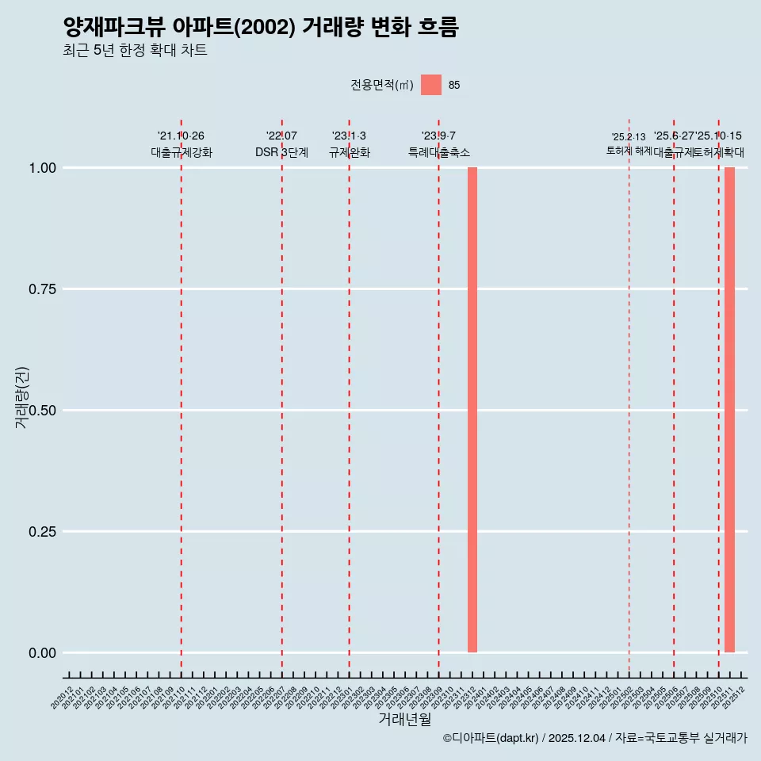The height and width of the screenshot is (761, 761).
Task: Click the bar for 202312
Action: point(472,410)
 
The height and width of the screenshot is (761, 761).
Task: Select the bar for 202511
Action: point(729,410)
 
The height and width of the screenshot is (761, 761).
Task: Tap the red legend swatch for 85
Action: point(431,85)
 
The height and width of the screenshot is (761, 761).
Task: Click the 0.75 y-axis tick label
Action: point(40,289)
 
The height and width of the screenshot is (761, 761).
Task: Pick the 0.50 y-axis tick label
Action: point(40,411)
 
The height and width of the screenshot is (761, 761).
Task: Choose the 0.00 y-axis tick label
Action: point(40,653)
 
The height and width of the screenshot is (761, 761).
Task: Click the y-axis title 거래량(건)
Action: point(22,398)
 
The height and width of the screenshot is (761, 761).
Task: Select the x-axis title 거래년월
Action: point(404,720)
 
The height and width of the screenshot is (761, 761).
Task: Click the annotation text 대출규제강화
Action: point(182,152)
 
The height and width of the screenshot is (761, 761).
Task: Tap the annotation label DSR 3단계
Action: point(281,152)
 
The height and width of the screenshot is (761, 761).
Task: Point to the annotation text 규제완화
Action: point(349,152)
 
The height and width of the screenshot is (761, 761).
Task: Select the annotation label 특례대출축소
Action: point(438,152)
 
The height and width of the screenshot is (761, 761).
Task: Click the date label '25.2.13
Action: point(629,137)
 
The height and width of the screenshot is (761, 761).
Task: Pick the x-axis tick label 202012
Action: point(63,698)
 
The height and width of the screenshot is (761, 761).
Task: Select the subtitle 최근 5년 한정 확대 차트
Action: point(135,51)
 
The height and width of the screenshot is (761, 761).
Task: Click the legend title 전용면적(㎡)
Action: point(381,85)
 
